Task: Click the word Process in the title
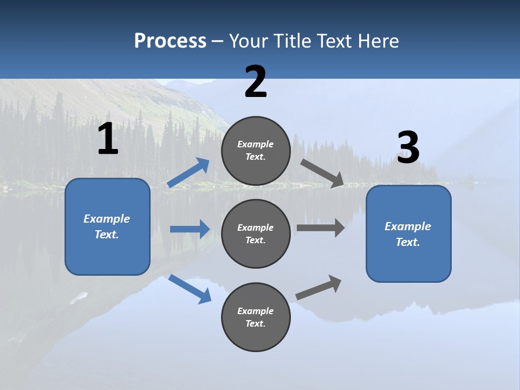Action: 170,41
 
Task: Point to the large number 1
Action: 108,139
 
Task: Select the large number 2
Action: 256,82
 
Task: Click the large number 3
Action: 408,148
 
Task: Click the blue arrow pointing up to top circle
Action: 188,173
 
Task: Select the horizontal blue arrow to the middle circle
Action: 190,229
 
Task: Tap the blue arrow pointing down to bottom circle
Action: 190,289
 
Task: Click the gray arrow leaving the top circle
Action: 322,173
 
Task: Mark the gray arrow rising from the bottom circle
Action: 318,288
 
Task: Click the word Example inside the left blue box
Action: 107,219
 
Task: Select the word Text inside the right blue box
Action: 407,242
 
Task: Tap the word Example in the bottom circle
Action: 256,311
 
